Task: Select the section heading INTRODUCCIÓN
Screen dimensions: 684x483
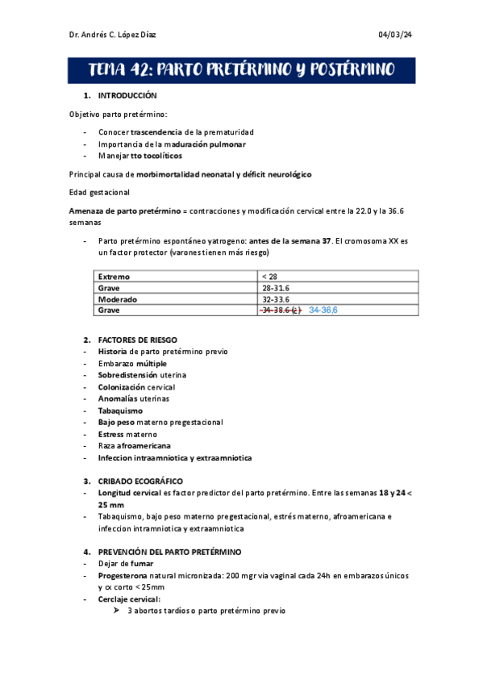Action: tap(127, 96)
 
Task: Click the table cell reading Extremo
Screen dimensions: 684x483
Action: tap(114, 277)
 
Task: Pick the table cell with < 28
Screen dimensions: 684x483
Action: tap(269, 277)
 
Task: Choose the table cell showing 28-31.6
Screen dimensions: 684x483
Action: tap(277, 287)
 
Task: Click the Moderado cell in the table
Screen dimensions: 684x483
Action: tap(118, 298)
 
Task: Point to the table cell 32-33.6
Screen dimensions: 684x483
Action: tap(277, 298)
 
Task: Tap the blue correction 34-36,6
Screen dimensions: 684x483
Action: tap(323, 310)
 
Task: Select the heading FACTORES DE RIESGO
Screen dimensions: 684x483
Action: tap(137, 340)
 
